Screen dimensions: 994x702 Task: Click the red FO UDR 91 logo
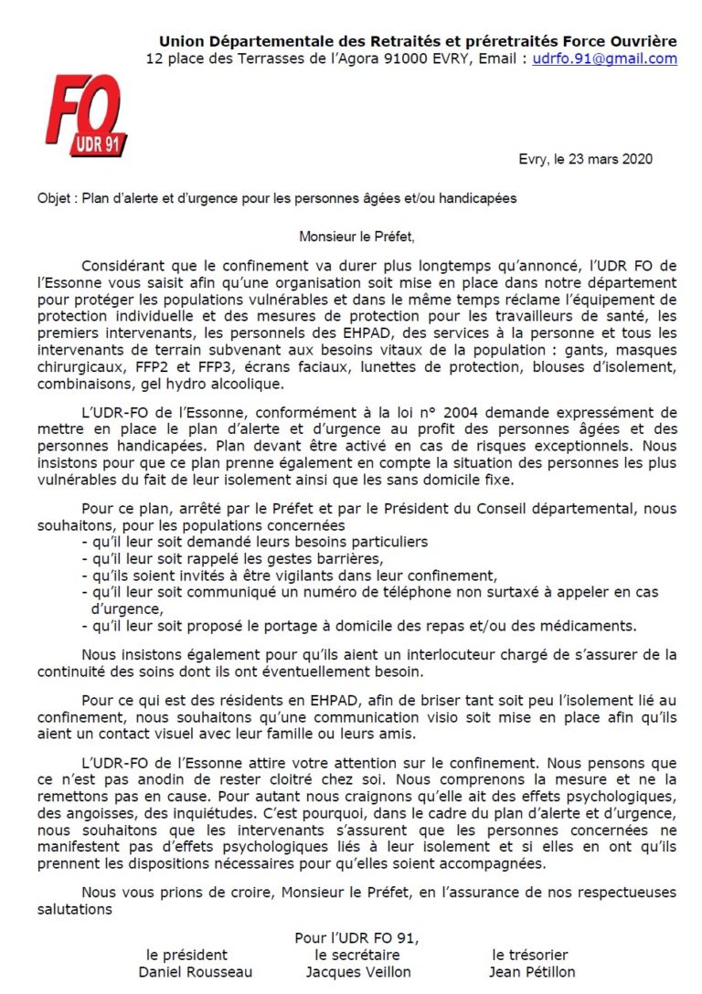coord(86,115)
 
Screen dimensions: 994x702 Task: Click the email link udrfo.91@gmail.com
coord(606,58)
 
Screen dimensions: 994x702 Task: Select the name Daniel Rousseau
coord(195,972)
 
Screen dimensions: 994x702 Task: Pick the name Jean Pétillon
coord(532,972)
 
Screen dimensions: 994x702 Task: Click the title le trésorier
coord(530,955)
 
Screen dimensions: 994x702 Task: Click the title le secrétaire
coord(352,955)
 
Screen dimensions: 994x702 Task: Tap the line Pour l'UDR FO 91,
coord(356,937)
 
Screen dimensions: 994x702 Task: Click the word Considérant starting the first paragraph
coord(121,266)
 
